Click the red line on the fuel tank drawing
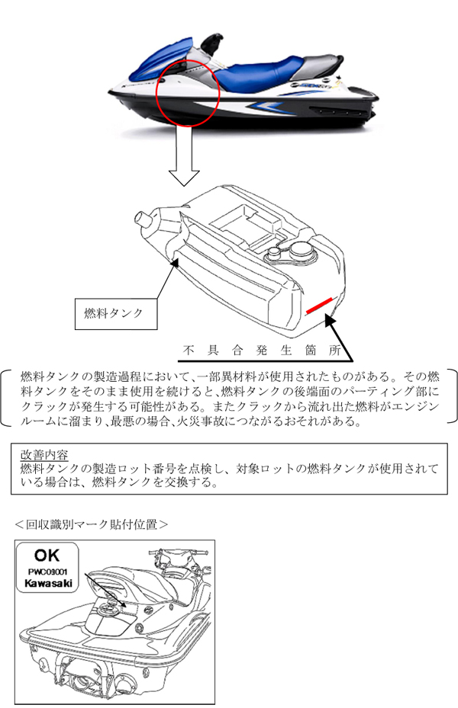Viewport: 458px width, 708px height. pos(319,306)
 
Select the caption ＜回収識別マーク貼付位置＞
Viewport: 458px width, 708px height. pos(91,524)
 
